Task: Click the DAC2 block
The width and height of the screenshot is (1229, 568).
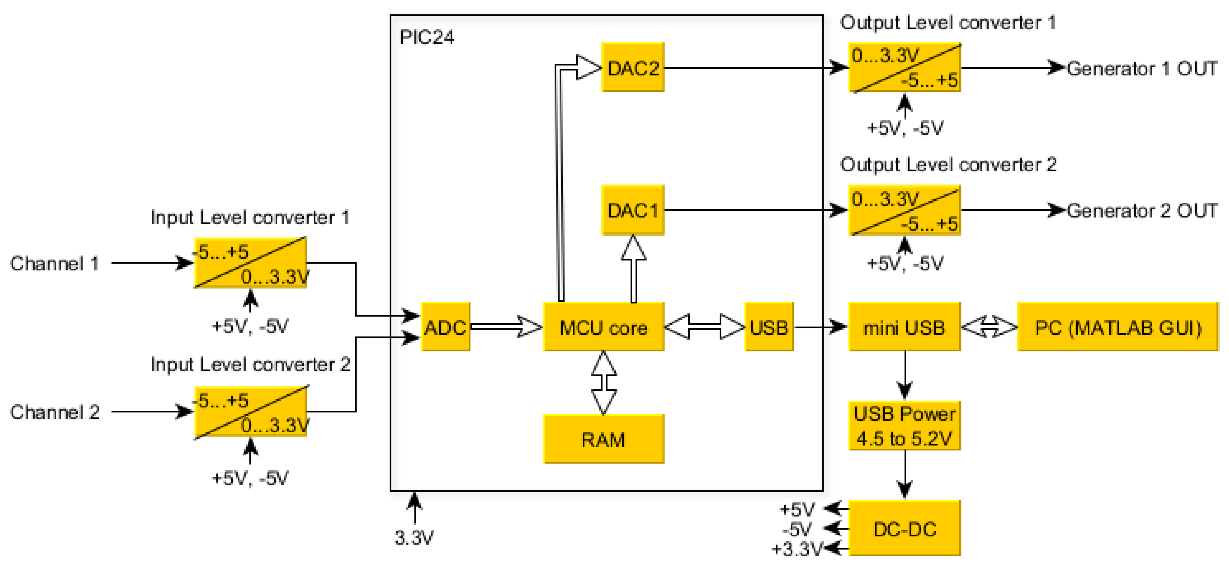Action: point(633,68)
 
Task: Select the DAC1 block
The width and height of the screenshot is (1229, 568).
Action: point(633,210)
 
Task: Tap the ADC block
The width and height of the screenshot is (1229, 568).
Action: point(445,327)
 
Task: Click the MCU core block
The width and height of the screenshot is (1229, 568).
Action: point(603,327)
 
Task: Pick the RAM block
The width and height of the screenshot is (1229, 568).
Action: point(603,439)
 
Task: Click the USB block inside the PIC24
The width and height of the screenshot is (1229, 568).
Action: point(769,327)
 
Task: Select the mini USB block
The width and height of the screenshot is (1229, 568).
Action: point(904,327)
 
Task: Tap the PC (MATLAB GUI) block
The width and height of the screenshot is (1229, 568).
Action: point(1117,327)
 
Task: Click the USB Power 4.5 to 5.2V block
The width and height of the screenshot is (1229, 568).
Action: point(904,426)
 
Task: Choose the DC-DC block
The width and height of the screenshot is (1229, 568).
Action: point(904,528)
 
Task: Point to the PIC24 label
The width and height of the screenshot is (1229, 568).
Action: point(427,37)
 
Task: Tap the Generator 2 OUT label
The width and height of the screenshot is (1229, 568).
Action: point(1142,210)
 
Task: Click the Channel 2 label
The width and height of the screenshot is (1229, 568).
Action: point(54,412)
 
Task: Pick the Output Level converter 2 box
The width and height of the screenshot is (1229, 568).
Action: point(904,210)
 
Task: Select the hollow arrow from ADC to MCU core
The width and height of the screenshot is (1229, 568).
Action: point(507,327)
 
